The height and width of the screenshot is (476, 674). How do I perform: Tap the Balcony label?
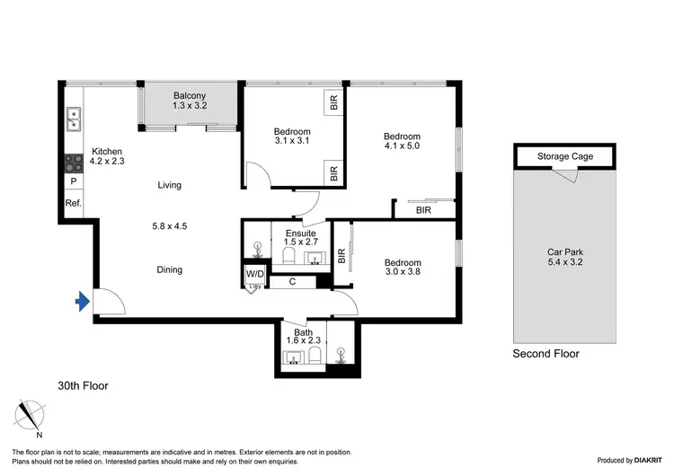coord(190,100)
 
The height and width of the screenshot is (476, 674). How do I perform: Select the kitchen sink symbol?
coord(74,117)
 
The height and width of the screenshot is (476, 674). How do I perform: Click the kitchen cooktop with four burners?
coord(74,163)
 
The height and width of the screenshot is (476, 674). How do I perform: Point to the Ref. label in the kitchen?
coord(74,204)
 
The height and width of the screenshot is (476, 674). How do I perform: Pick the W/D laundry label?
coord(255,273)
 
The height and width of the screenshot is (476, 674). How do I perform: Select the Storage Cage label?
coord(565,156)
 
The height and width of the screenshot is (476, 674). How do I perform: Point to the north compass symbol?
coord(31,415)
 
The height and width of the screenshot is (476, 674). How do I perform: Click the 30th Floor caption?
coord(83,386)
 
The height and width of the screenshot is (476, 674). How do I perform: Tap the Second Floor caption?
coord(545,354)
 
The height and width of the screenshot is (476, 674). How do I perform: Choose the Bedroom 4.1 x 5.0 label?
coord(402,141)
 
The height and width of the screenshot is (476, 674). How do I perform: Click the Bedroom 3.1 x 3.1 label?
coord(292,137)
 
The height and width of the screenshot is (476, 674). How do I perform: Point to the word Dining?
coord(169,269)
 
